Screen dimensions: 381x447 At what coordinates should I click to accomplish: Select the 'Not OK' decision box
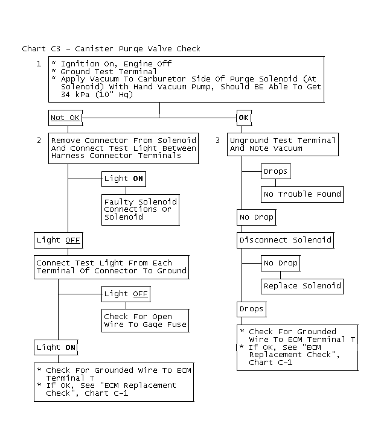(x=65, y=118)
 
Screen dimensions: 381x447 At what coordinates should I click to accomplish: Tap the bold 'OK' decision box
(x=244, y=118)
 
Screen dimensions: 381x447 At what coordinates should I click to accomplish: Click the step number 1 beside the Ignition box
(x=39, y=63)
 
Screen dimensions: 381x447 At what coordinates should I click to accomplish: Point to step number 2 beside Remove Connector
(x=39, y=141)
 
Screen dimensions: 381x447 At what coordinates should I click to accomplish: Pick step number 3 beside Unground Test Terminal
(x=217, y=141)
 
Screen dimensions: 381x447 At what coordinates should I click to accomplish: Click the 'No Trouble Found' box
(x=303, y=194)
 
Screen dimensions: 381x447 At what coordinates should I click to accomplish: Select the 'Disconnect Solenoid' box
(x=286, y=240)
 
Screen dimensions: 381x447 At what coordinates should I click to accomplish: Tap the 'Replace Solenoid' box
(x=303, y=286)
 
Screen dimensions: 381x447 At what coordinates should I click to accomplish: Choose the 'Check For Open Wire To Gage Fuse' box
(x=146, y=320)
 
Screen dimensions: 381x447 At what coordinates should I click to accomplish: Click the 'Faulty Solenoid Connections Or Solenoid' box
(x=141, y=210)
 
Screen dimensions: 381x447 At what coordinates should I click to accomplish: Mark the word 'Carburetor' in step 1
(x=162, y=79)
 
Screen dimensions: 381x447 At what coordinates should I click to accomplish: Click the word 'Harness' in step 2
(x=68, y=156)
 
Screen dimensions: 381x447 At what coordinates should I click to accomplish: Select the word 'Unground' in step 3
(x=249, y=141)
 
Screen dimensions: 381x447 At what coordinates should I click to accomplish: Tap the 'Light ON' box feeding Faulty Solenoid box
(x=124, y=179)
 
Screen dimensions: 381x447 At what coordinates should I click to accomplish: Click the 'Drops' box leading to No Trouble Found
(x=276, y=171)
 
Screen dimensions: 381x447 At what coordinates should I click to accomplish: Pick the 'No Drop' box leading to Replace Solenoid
(x=281, y=263)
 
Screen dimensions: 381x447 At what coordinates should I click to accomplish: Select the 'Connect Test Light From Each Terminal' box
(x=112, y=267)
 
